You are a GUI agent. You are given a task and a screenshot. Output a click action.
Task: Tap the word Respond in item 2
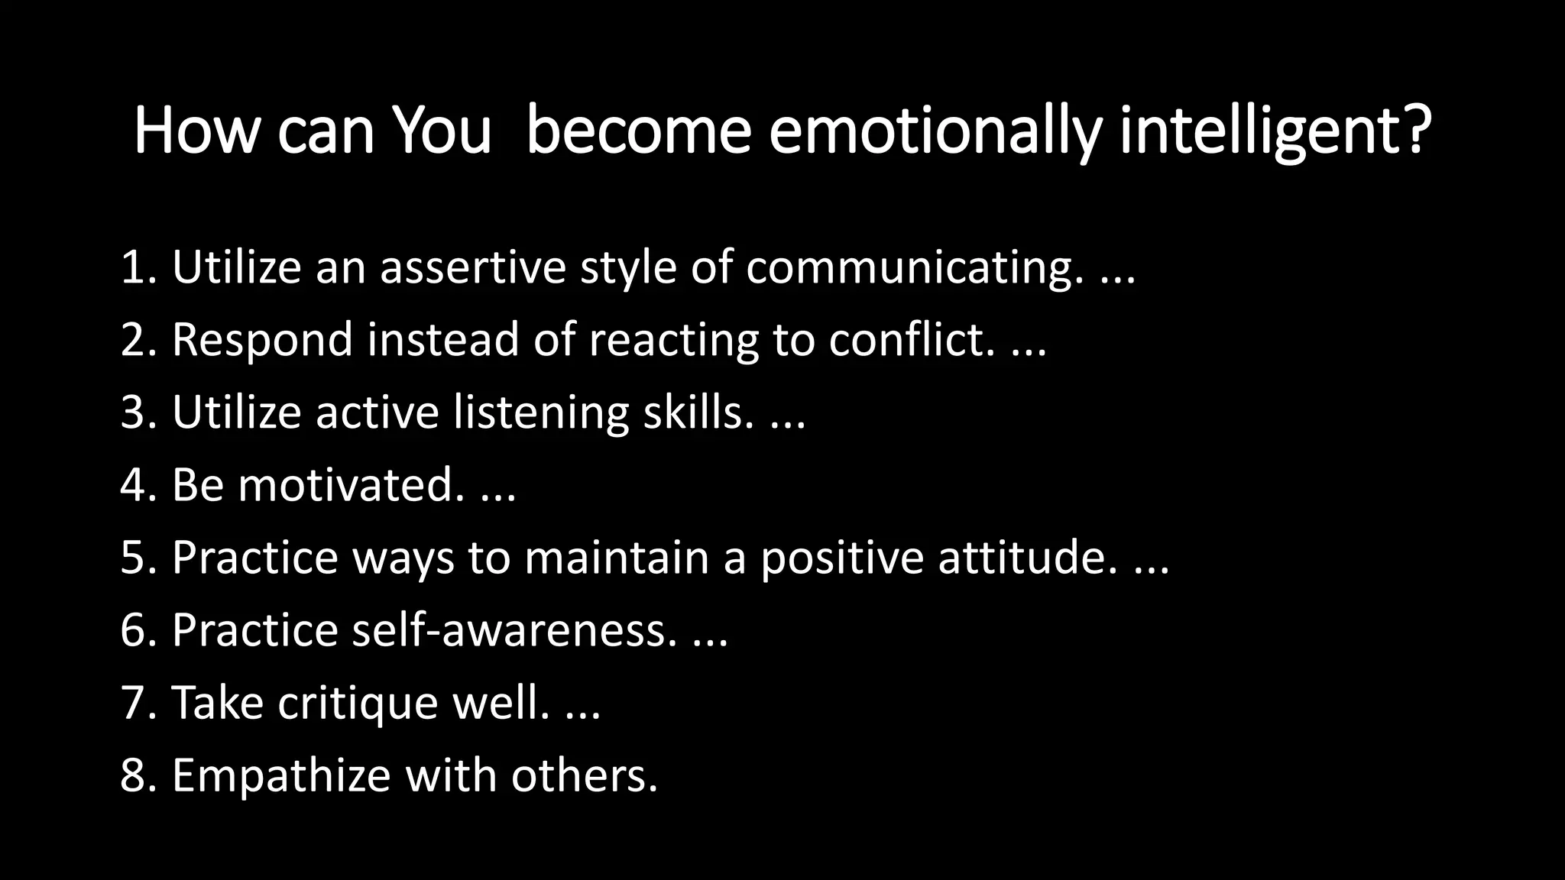262,341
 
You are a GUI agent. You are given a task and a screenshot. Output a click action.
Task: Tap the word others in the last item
583,775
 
